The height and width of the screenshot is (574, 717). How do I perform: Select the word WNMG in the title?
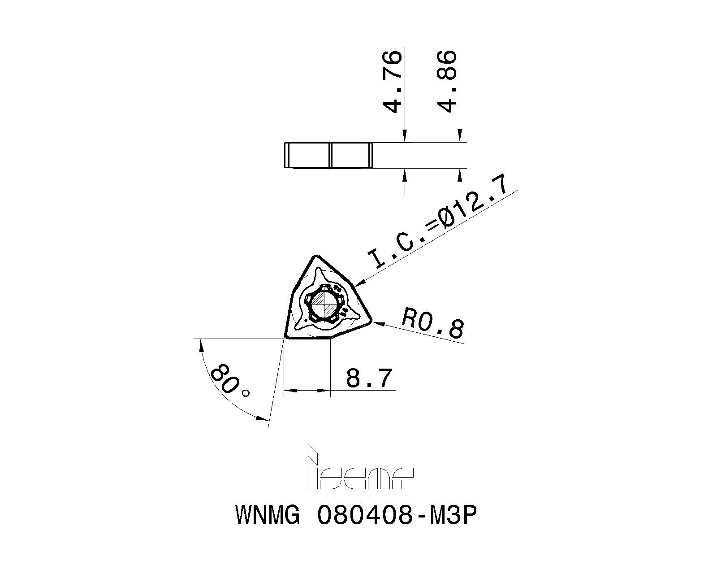[x=267, y=516]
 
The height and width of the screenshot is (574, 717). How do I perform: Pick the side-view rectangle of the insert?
[x=328, y=156]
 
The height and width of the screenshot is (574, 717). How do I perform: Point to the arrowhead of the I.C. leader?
[x=360, y=283]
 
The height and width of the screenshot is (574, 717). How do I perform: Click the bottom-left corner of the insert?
[x=286, y=337]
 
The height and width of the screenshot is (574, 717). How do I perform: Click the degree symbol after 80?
[x=246, y=393]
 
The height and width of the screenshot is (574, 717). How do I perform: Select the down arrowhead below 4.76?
[x=405, y=136]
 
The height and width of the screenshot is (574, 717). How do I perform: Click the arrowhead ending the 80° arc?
[x=263, y=418]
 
